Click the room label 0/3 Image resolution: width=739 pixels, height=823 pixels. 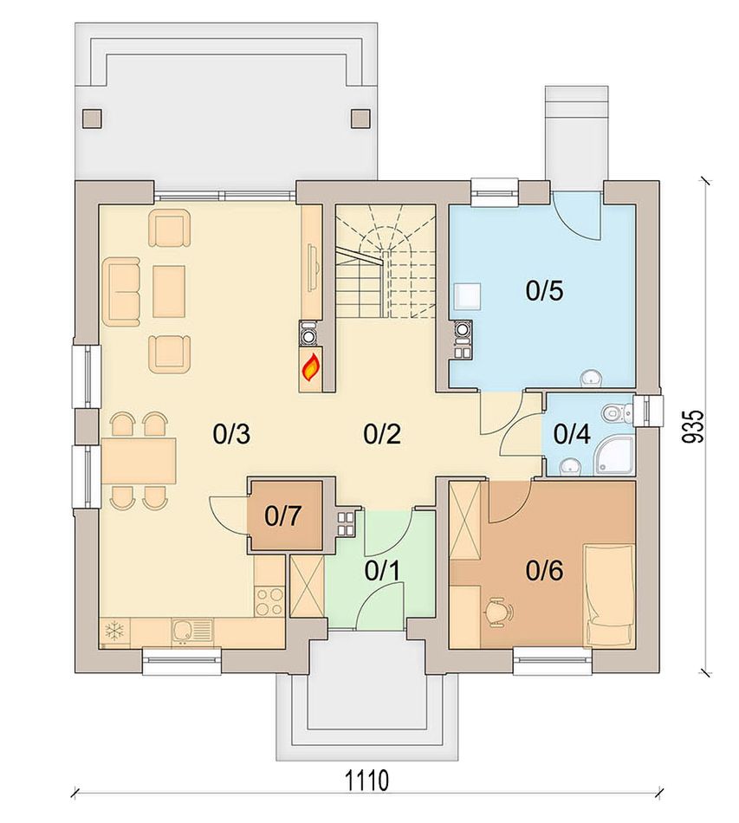[231, 434]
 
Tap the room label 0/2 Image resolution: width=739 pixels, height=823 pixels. [382, 434]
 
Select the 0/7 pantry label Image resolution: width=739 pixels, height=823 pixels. [283, 516]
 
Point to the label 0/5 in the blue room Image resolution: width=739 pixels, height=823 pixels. [545, 290]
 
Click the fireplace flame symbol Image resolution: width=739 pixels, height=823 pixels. [310, 367]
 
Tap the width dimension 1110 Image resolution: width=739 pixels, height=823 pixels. [366, 781]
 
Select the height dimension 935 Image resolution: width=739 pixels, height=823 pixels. [691, 426]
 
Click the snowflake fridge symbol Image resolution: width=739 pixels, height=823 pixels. [113, 631]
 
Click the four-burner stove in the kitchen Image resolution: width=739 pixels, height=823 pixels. [269, 601]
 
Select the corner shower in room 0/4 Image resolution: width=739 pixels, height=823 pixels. [614, 457]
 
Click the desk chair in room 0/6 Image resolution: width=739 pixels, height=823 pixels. [497, 612]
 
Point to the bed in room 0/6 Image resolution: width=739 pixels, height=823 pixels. [610, 595]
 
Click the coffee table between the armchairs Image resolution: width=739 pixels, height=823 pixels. [168, 291]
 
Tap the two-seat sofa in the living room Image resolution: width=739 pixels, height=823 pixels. [122, 292]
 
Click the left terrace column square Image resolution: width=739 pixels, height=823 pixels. [93, 118]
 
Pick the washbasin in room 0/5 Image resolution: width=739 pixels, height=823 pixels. [592, 378]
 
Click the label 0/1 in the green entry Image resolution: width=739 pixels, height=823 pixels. [382, 571]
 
